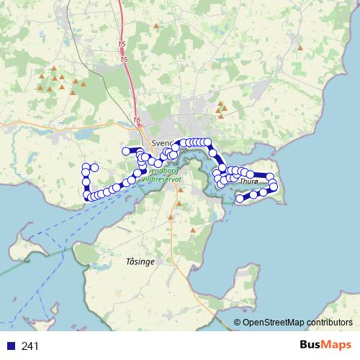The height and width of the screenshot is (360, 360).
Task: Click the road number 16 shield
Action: coord(137,119)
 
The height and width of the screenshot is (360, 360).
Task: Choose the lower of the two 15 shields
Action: coord(124,58)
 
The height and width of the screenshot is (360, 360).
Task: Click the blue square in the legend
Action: coord(10,346)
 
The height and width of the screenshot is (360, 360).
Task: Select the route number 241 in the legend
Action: coord(30,346)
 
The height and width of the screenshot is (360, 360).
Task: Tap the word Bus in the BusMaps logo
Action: coord(312,346)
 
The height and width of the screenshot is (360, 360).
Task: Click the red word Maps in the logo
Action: coord(337,346)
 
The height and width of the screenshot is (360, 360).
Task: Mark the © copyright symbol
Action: coord(237,323)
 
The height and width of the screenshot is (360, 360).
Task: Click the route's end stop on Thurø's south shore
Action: coord(240,197)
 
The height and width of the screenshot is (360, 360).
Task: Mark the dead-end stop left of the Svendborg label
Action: coord(125,150)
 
